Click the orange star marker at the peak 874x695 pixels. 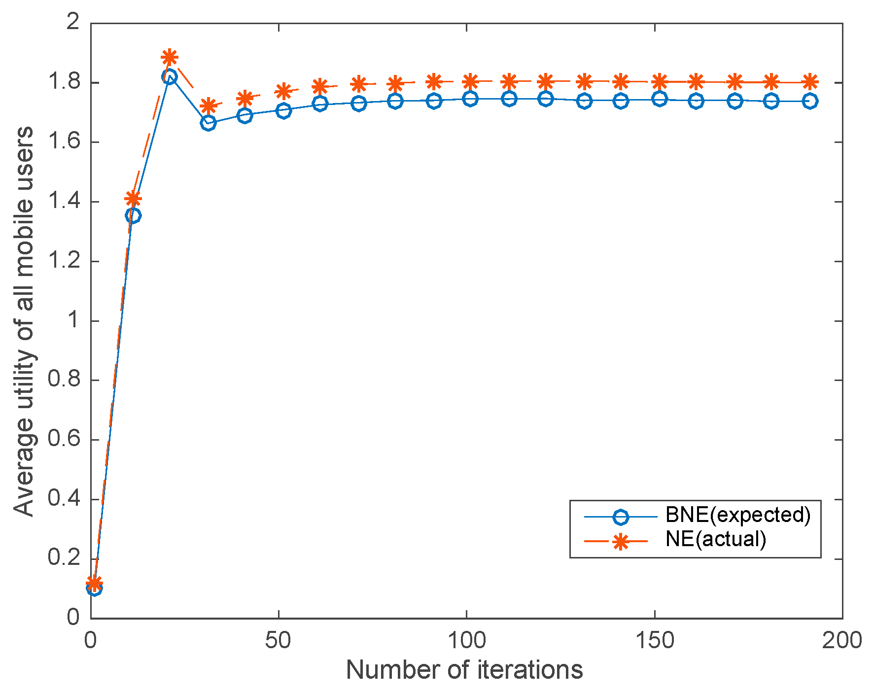pyautogui.click(x=170, y=58)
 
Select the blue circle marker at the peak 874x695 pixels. pyautogui.click(x=170, y=77)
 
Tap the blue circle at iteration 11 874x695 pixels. pyautogui.click(x=133, y=215)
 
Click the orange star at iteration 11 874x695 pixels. pyautogui.click(x=133, y=199)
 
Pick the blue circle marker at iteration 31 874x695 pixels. pyautogui.click(x=208, y=123)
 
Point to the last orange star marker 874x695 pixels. pyautogui.click(x=809, y=82)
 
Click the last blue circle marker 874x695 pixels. pyautogui.click(x=809, y=102)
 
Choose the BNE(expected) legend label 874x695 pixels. pyautogui.click(x=738, y=515)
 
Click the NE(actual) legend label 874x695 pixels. pyautogui.click(x=716, y=539)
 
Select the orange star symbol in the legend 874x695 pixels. pyautogui.click(x=621, y=542)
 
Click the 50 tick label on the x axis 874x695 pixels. pyautogui.click(x=279, y=641)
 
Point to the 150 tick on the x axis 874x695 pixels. pyautogui.click(x=655, y=641)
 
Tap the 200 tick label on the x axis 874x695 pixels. pyautogui.click(x=842, y=641)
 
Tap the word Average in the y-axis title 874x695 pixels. pyautogui.click(x=24, y=468)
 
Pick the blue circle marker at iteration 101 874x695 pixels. pyautogui.click(x=470, y=99)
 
